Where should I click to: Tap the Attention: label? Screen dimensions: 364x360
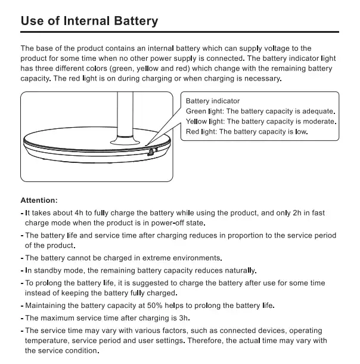pos(39,200)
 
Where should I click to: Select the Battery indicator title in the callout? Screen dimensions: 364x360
pos(213,101)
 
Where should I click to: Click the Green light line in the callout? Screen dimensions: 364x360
pos(260,111)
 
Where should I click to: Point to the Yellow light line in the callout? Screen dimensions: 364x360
pos(261,121)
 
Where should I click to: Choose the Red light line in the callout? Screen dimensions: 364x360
pos(247,131)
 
